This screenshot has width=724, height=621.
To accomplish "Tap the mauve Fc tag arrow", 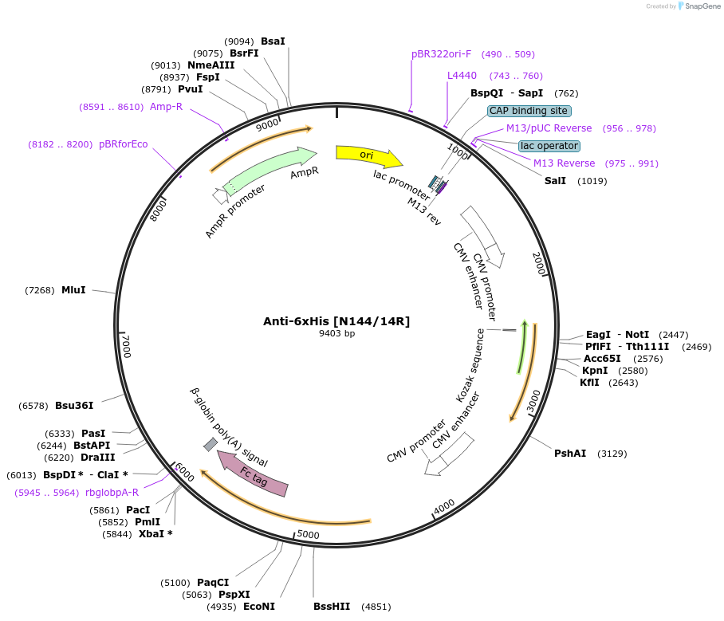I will point(253,474).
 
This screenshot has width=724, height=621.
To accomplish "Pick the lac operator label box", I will point(549,146).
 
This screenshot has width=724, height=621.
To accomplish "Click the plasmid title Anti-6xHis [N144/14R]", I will point(336,321).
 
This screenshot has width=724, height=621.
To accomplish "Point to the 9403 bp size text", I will point(336,334).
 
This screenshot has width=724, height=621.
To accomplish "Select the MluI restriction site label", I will point(73,290).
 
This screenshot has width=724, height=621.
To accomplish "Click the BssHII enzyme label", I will point(332,607).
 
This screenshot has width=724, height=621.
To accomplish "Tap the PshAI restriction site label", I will point(570,454).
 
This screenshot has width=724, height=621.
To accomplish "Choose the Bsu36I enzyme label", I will point(74,406).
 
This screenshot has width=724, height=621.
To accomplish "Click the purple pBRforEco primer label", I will point(123,144).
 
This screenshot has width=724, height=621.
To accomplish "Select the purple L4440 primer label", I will point(462,76).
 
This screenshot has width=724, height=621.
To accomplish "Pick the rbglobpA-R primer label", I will point(112,493).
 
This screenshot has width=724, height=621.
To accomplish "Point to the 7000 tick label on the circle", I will point(126,346).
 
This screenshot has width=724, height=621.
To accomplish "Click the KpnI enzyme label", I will point(595,371).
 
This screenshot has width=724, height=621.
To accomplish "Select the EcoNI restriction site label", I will point(259,607).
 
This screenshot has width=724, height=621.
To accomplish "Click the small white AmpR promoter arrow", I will point(220,195).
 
